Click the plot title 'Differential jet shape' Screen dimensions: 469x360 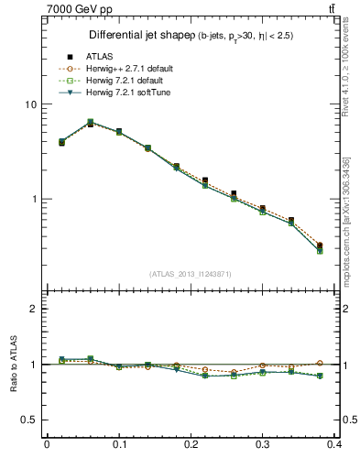click(136, 36)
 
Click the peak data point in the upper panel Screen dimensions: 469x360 click(91, 122)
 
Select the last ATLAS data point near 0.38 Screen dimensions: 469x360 click(318, 245)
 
